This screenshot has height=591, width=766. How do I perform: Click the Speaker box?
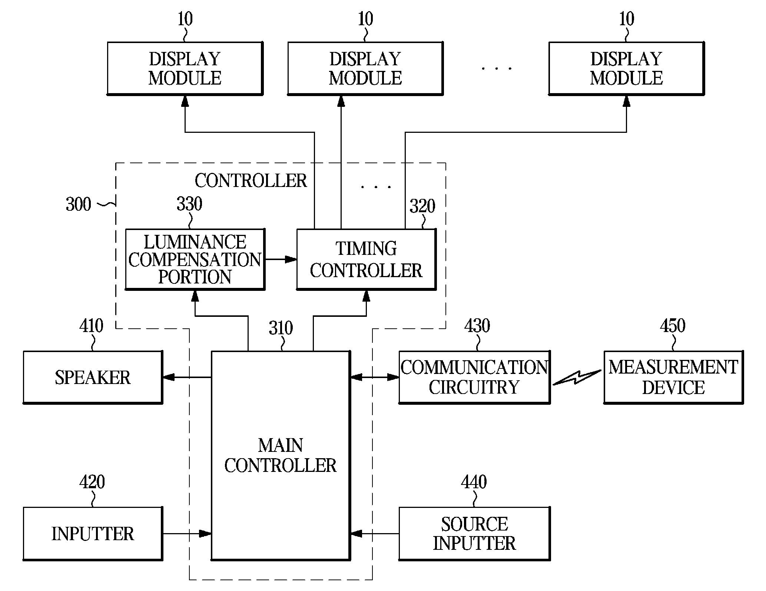pos(93,377)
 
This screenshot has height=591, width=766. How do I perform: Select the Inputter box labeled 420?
pos(93,533)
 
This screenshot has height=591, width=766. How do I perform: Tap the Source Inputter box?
pos(474,533)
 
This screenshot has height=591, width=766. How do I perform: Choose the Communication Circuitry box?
pos(474,377)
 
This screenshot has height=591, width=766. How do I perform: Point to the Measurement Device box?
pos(673,377)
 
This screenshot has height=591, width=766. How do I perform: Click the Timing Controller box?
pos(366,259)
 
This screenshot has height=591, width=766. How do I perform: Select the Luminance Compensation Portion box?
pos(195,259)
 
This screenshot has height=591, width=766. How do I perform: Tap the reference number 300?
pos(79,204)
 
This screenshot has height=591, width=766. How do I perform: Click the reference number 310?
pos(281,328)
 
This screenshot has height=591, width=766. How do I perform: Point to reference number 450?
pos(673,326)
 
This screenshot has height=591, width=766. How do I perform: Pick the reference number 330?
pos(189,204)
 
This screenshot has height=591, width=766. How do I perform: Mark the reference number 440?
pos(474,482)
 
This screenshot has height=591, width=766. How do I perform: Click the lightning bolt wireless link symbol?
pos(577,377)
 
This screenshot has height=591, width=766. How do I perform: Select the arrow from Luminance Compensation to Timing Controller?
pos(281,259)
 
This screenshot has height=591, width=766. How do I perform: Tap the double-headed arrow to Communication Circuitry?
pos(375,377)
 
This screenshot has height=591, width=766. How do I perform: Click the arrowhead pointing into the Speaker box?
pos(169,377)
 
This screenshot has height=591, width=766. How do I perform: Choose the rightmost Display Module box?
pos(626,68)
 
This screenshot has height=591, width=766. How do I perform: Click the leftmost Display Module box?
pos(185,68)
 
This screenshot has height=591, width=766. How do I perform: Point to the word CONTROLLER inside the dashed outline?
pos(251,181)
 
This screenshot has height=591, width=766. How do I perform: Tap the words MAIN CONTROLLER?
pos(281,455)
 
